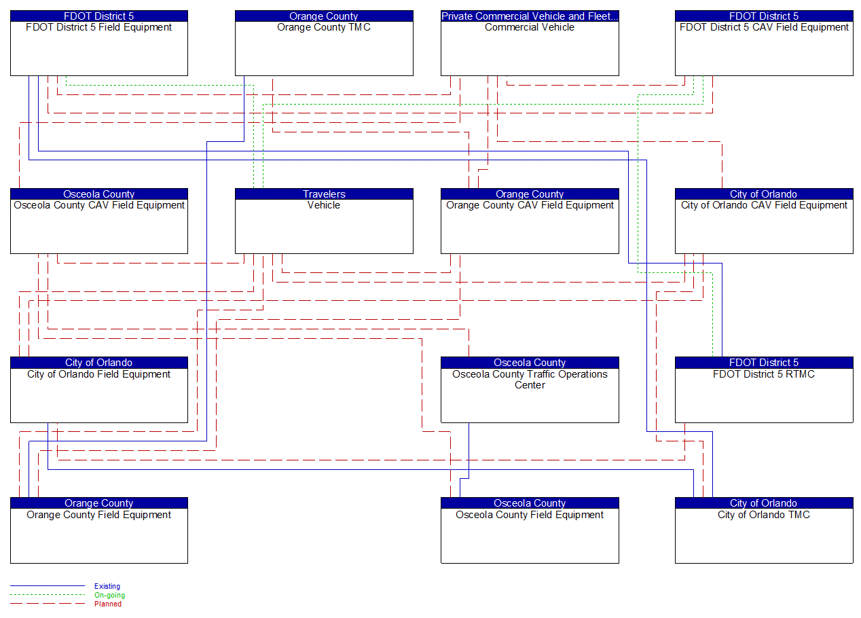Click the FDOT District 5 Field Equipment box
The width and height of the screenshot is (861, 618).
(x=99, y=48)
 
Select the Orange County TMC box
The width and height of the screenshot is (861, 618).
(x=324, y=48)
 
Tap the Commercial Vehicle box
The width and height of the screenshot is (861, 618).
(x=530, y=48)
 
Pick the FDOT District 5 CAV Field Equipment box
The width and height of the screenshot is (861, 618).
(x=764, y=48)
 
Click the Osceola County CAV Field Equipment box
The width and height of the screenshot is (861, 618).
(x=99, y=225)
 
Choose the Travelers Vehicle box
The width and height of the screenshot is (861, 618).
(x=324, y=225)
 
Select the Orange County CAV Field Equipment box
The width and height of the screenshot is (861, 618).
(x=530, y=225)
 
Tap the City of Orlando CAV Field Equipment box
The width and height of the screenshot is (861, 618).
(x=764, y=225)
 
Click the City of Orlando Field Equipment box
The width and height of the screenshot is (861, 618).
(x=99, y=395)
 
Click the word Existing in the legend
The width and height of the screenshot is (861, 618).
(x=107, y=586)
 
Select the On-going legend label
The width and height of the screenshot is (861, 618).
(x=109, y=595)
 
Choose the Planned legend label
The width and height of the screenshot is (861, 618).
(x=108, y=604)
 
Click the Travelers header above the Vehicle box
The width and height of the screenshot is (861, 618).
(x=324, y=194)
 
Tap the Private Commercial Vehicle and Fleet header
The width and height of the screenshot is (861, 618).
(x=530, y=16)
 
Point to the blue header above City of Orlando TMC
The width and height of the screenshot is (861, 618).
(x=764, y=503)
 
